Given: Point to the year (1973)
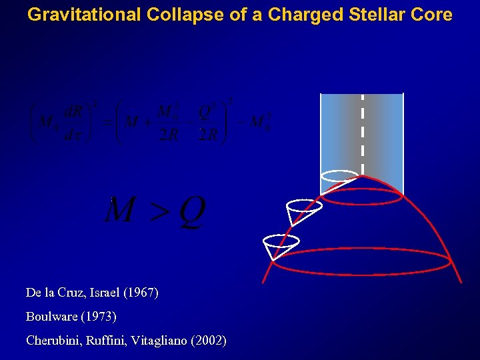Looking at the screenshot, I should pyautogui.click(x=102, y=317).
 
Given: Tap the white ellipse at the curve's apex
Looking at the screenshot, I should pyautogui.click(x=339, y=176).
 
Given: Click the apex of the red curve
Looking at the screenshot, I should pyautogui.click(x=361, y=176).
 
